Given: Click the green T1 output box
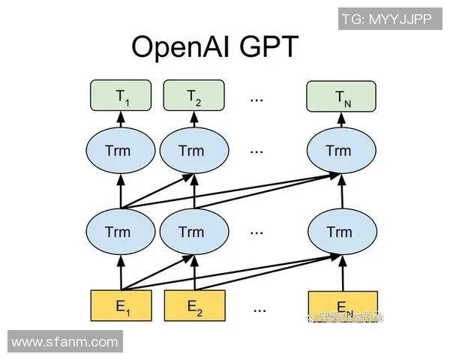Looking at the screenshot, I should click(120, 95).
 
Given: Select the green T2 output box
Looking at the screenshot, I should click(194, 95).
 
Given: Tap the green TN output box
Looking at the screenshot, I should click(341, 95).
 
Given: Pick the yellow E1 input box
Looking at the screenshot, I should click(120, 305).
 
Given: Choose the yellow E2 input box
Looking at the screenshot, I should click(194, 305).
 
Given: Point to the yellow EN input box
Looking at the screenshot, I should click(343, 305).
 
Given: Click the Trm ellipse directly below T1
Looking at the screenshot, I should click(120, 151).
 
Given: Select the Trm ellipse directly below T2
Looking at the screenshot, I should click(194, 151).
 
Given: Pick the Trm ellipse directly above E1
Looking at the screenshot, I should click(120, 231).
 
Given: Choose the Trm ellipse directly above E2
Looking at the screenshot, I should click(194, 231).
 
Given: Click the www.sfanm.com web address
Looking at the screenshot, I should click(64, 343).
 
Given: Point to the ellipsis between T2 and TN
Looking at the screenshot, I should click(258, 97).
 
